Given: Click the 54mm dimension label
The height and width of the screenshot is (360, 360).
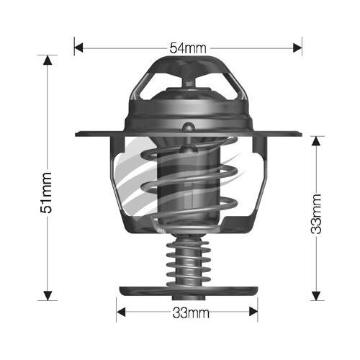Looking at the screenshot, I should coord(187,48).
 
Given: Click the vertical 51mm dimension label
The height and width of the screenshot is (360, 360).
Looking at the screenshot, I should coord(47,192).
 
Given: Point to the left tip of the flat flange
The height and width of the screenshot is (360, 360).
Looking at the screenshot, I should coord(77,134).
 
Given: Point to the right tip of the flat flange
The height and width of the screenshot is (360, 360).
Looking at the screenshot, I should coord(298,134).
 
